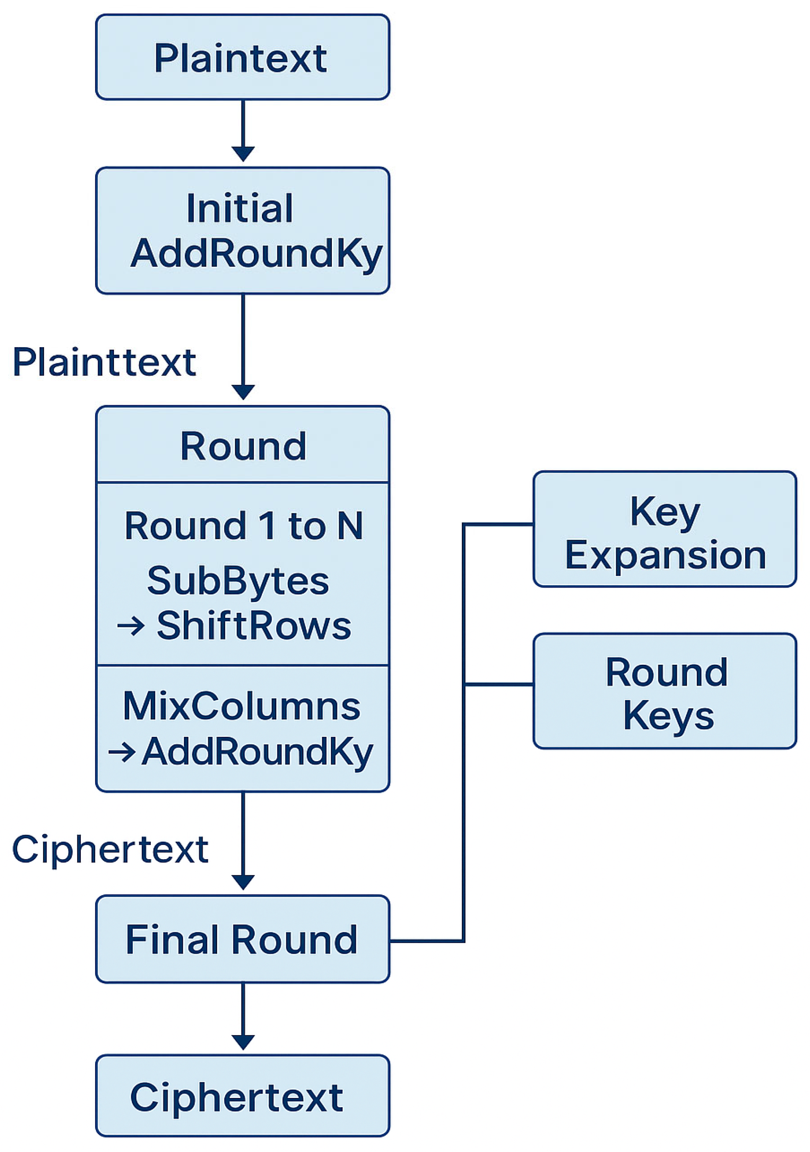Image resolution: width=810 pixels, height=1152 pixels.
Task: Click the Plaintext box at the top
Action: [x=242, y=57]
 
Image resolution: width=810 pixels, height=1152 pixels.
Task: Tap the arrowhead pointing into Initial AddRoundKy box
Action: [x=243, y=154]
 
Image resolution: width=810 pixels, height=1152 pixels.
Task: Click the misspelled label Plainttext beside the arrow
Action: [x=104, y=362]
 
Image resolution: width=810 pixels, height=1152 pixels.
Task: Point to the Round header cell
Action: [x=243, y=446]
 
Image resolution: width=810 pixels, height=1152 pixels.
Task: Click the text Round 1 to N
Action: [x=244, y=526]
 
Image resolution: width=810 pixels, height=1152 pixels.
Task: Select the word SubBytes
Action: [x=238, y=580]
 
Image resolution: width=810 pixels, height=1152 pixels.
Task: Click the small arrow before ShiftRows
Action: [x=131, y=626]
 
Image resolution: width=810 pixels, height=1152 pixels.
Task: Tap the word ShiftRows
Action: [x=254, y=626]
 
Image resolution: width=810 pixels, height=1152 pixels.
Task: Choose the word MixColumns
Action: [x=242, y=706]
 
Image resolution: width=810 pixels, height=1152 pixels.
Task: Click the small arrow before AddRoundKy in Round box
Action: [x=122, y=752]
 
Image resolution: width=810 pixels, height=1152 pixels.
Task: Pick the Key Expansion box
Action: [x=664, y=529]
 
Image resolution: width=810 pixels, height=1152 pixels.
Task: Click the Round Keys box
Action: [x=664, y=692]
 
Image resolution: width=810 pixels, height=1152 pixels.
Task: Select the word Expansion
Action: [x=666, y=556]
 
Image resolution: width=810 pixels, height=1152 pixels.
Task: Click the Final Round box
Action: [x=242, y=939]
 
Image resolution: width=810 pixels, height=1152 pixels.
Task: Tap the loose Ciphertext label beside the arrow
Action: [x=110, y=850]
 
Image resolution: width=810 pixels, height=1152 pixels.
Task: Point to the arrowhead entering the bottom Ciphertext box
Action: [x=243, y=1042]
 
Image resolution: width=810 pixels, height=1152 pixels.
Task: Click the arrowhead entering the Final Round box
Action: [x=243, y=882]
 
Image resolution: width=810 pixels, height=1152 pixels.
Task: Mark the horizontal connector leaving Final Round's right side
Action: [x=426, y=941]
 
